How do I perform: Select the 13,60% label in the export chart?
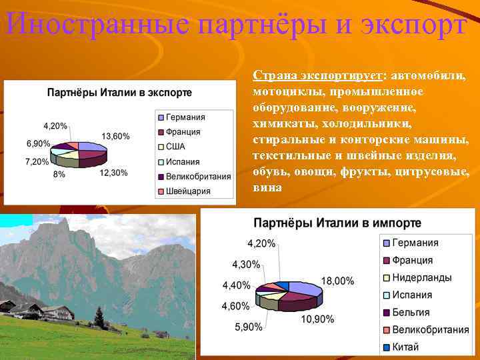click(115, 136)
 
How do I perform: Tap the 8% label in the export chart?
click(59, 174)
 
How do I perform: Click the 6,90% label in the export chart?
click(38, 143)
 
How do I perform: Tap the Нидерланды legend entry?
click(421, 277)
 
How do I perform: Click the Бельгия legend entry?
click(410, 312)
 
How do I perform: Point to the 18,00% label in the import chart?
click(338, 281)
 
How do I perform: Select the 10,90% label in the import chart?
click(317, 319)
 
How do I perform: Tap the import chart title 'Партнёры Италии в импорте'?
click(337, 222)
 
